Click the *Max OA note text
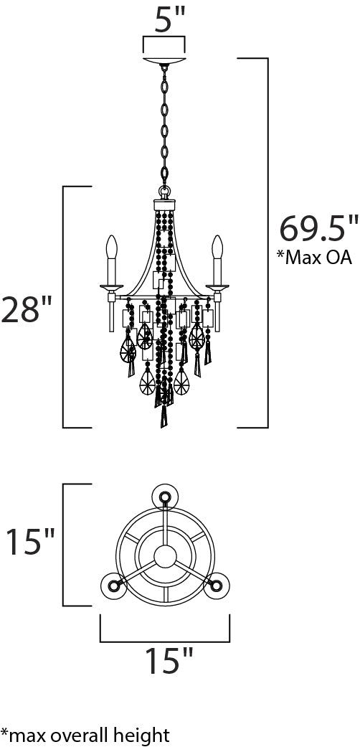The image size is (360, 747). (314, 257)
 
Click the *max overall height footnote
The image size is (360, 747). (85, 735)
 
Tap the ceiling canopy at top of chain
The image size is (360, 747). (164, 61)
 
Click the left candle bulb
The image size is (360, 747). (111, 247)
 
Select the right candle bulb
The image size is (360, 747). (217, 247)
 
